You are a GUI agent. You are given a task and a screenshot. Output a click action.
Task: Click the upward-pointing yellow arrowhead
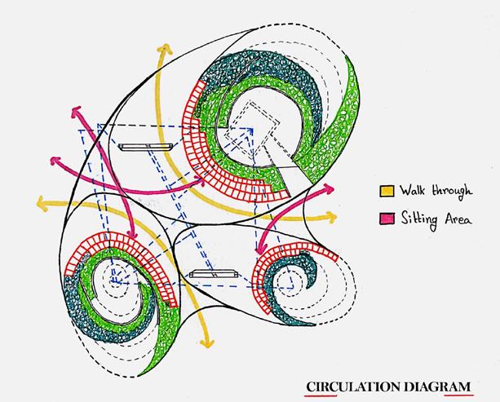[x=162, y=46]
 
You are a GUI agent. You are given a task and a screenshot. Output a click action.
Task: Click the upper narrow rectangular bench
[x=145, y=147]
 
